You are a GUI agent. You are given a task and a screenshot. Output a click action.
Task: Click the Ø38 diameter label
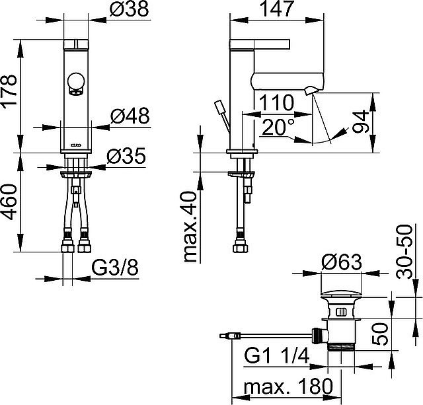(x=130, y=9)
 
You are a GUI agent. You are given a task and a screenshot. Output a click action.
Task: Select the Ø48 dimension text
(x=130, y=116)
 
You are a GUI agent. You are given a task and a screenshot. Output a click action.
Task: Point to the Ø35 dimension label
(x=126, y=156)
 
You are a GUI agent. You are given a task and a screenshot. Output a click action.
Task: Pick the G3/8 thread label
(x=115, y=268)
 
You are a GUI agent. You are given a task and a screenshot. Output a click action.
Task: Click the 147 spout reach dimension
(x=277, y=9)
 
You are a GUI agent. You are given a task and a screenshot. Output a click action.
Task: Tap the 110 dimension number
(x=276, y=102)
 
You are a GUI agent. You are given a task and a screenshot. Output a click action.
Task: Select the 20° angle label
(x=278, y=127)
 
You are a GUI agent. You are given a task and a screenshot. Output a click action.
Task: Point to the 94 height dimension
(x=361, y=122)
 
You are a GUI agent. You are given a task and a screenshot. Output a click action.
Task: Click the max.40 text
(x=190, y=227)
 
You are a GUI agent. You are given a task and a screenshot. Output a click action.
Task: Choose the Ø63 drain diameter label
(x=342, y=262)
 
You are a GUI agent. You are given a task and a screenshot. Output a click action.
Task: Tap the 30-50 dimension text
(x=404, y=252)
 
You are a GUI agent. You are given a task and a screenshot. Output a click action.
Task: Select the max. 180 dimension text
(x=288, y=386)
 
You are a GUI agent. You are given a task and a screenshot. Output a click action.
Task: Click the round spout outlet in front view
(x=77, y=84)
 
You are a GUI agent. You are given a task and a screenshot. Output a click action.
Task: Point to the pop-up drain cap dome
(x=341, y=293)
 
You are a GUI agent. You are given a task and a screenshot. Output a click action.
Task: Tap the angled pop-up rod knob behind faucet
(x=219, y=106)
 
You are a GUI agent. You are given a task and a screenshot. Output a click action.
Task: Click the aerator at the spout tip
(x=309, y=91)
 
